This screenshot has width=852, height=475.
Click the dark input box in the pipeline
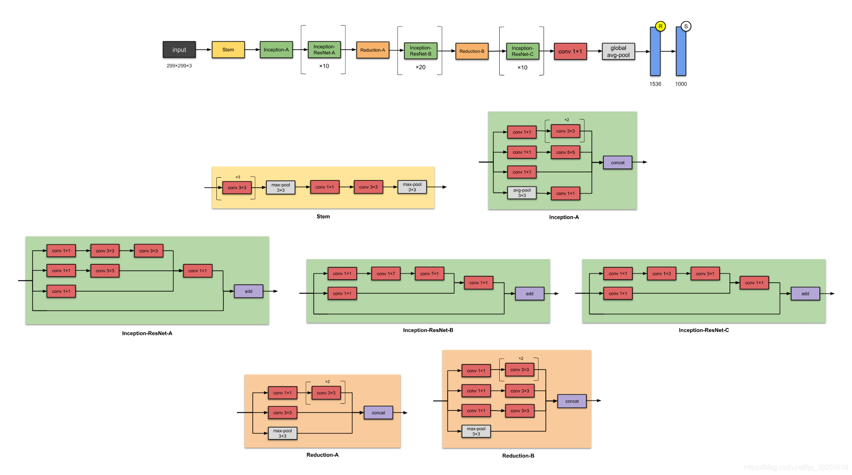coord(179,49)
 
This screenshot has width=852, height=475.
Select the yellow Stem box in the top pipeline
coord(228,49)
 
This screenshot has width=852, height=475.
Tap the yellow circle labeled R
coord(660,26)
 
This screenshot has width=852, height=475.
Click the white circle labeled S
coord(686,26)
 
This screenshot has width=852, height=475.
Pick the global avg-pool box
coord(618,52)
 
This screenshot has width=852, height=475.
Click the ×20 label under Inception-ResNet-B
coord(420,67)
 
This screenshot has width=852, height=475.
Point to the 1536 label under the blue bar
coord(655,84)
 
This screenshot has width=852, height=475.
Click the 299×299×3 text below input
coord(179,66)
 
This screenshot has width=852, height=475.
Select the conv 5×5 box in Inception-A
coord(565,152)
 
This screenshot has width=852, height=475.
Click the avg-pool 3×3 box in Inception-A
coord(522,193)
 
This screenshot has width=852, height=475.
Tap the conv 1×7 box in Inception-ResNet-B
coord(386,273)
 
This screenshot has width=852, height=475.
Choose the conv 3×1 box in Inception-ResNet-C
coord(705,273)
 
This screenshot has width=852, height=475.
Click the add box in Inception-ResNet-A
coord(248,291)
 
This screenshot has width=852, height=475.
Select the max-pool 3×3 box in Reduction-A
coord(282,433)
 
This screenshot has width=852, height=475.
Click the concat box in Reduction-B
coord(572,401)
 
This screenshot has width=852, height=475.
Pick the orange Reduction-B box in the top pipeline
coord(472,51)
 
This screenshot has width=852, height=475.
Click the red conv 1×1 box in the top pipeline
coord(570,52)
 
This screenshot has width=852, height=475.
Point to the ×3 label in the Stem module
coord(238,177)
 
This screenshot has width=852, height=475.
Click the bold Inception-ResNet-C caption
coord(703,330)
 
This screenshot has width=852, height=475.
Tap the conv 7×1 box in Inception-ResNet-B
coord(429,273)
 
